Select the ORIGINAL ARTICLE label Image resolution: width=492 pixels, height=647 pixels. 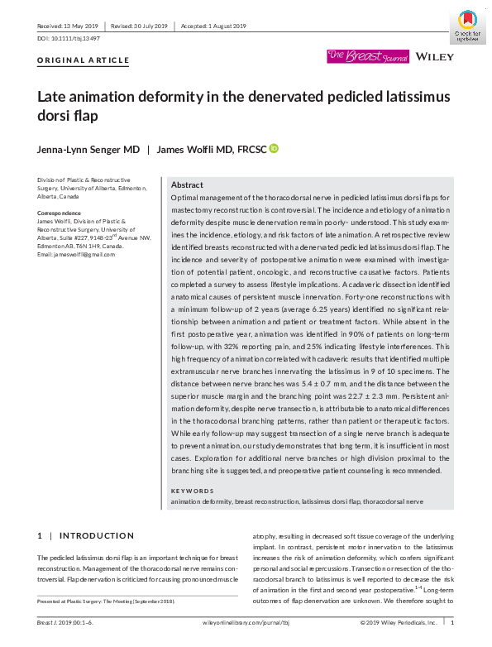click(x=84, y=60)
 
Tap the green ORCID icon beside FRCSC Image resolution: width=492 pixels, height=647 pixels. click(x=274, y=148)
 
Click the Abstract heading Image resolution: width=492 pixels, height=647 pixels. click(x=186, y=185)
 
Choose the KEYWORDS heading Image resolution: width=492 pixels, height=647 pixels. click(x=193, y=491)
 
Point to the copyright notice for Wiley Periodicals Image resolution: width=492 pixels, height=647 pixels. click(x=399, y=622)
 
